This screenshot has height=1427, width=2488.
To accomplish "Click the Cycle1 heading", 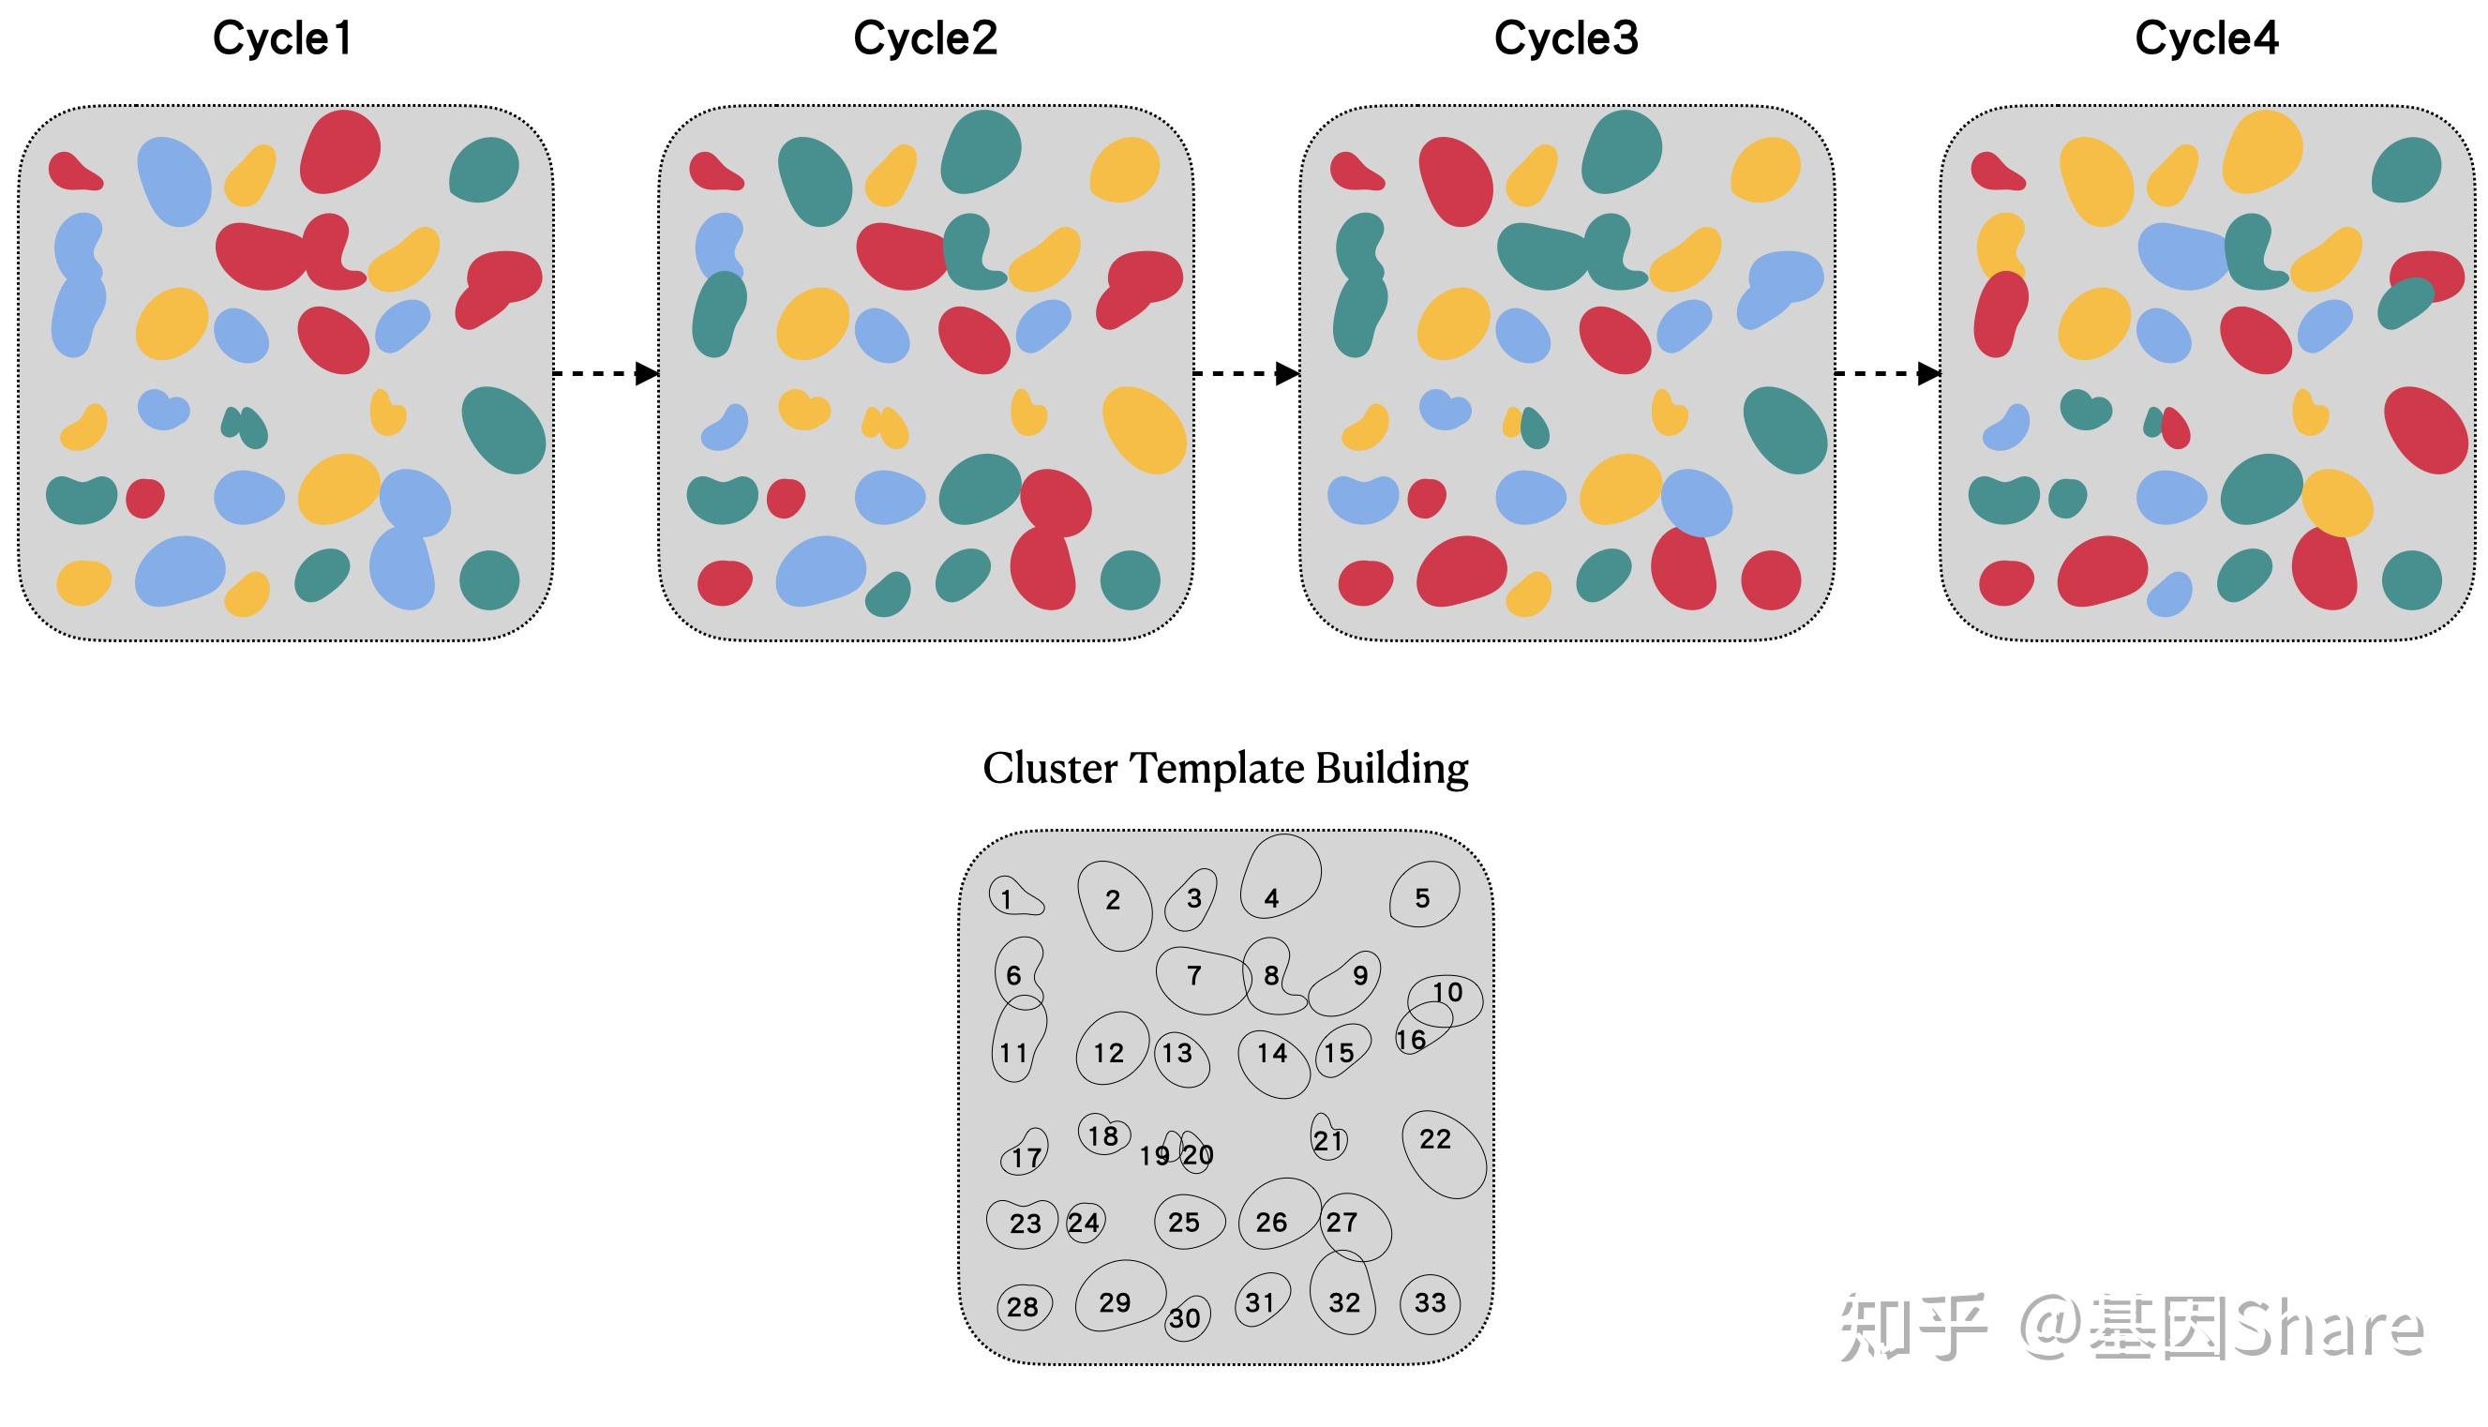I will [x=282, y=39].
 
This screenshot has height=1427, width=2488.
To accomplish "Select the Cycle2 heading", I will [x=925, y=39].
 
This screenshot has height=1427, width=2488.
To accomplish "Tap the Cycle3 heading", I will [x=1566, y=39].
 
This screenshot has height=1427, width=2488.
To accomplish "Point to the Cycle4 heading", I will [x=2207, y=39].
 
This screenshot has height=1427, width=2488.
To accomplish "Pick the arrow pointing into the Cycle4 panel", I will [x=1887, y=373].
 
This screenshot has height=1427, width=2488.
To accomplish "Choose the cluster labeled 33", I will [x=1430, y=1303].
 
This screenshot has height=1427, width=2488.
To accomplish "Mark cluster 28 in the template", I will [x=1023, y=1306].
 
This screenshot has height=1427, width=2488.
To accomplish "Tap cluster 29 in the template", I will [x=1118, y=1296].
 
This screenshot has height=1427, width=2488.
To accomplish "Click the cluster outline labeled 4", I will [x=1279, y=878].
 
